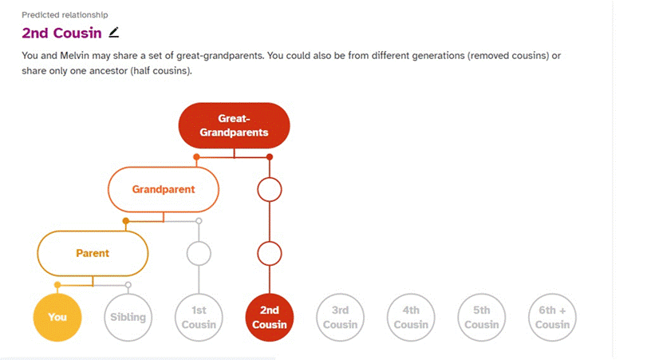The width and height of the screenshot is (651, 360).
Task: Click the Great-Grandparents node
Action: pos(235,125)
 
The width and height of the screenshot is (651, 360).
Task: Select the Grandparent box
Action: pos(164,189)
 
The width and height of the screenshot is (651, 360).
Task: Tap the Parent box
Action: pos(93,253)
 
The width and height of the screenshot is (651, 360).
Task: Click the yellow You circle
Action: pos(57,317)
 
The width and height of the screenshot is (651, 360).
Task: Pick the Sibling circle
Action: pos(128,317)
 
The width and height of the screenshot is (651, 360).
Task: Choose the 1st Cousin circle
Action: pos(199,317)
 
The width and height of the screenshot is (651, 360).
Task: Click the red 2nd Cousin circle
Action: pos(270,317)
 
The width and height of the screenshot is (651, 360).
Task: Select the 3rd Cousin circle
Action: pos(340,317)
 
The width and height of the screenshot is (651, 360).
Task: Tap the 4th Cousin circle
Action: pos(411,317)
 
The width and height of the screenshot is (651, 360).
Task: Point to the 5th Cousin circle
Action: pos(482,317)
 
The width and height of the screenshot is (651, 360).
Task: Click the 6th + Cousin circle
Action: pos(552,317)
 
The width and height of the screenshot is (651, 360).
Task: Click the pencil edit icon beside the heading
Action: pos(114,33)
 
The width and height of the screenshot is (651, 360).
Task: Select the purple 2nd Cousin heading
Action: pos(61,33)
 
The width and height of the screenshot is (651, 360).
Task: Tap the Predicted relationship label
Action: pos(65,15)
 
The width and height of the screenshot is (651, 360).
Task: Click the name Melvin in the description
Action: pos(74,56)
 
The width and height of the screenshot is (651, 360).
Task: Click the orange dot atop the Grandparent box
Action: pos(196,157)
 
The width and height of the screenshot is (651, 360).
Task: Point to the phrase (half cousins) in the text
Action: pos(161,71)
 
